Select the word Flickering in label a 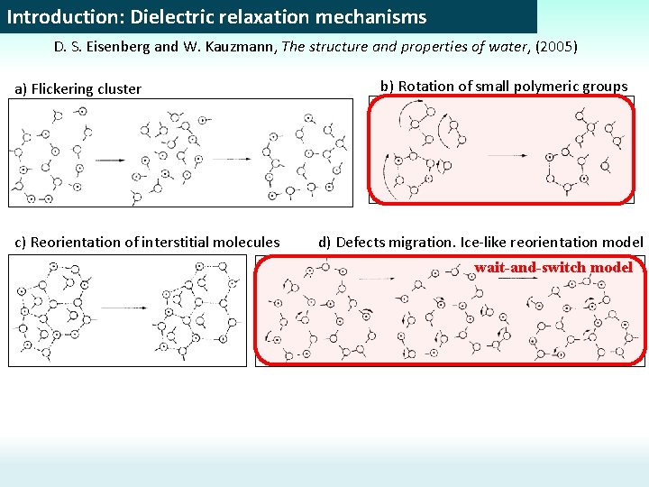[x=64, y=88]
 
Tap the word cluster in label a [x=120, y=88]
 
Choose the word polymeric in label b [x=541, y=87]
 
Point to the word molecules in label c [x=249, y=242]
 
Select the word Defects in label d [x=361, y=242]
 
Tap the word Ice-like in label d [x=485, y=242]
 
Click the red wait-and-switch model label [x=553, y=267]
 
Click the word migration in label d [x=421, y=242]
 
